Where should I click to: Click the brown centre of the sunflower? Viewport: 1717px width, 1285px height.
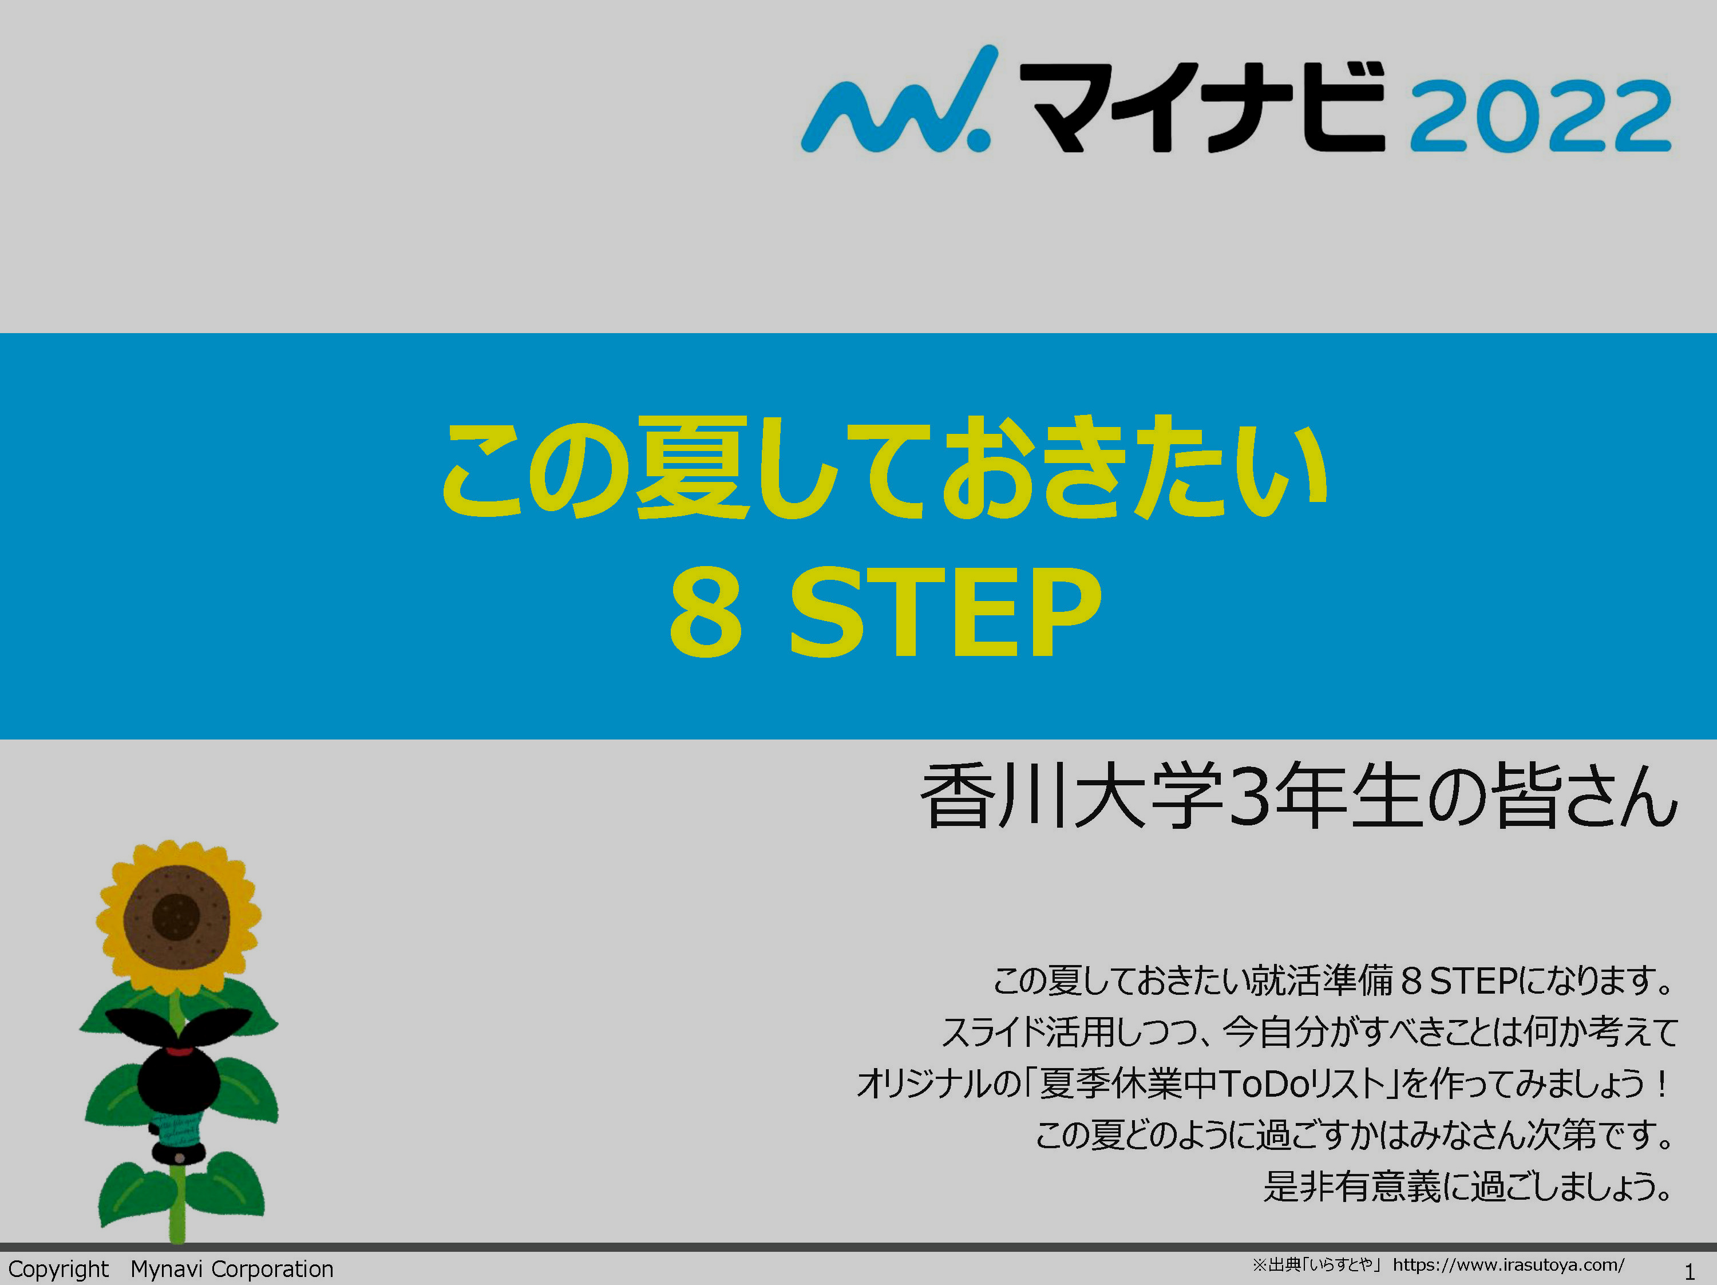pos(177,917)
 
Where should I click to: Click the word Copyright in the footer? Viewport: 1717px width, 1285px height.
pos(58,1270)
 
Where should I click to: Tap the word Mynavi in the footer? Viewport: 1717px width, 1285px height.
pos(166,1270)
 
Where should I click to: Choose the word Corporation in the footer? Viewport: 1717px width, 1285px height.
pos(272,1270)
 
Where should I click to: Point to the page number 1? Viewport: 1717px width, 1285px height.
pos(1689,1272)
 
